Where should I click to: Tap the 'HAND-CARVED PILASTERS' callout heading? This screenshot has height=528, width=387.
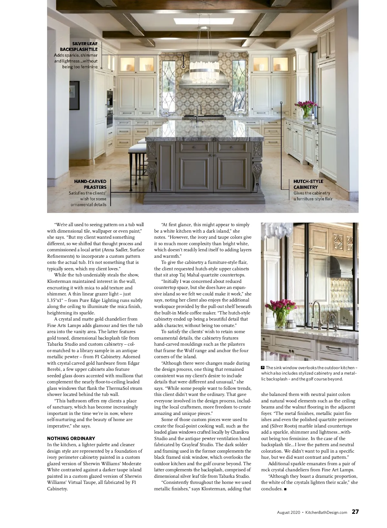[90, 184]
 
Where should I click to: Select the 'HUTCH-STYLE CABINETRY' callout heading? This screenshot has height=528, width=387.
[308, 184]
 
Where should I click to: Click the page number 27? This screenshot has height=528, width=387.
[355, 512]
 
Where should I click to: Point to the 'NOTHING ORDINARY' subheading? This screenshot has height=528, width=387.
[71, 438]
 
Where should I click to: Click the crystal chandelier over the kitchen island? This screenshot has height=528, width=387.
[204, 71]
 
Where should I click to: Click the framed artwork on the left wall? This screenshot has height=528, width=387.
[74, 96]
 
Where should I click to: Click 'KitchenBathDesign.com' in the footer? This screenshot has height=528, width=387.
[326, 512]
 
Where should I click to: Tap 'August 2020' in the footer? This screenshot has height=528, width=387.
[288, 512]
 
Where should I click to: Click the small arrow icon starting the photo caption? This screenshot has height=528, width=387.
[263, 368]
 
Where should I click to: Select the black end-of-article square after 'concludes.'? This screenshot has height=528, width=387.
[285, 489]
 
